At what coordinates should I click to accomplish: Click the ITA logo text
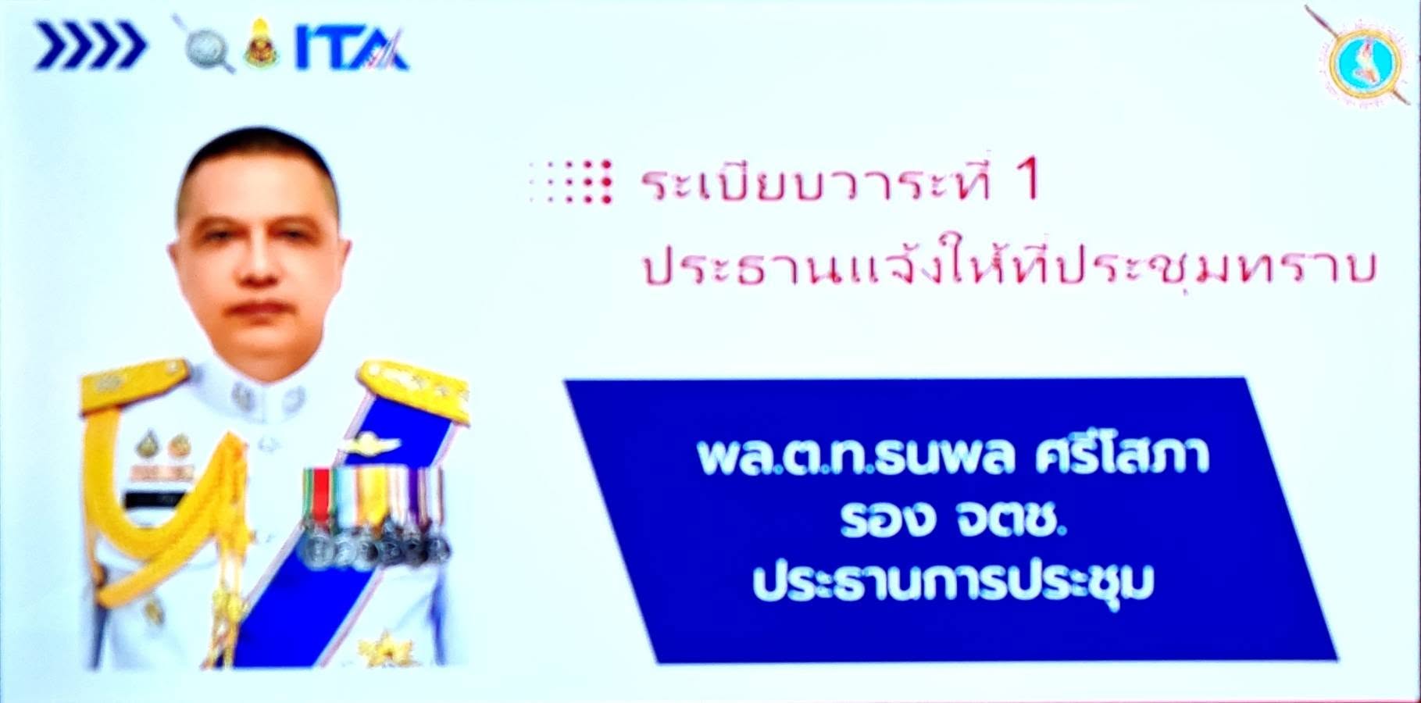[x=351, y=51]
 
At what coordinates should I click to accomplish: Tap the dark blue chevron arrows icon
[x=90, y=46]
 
